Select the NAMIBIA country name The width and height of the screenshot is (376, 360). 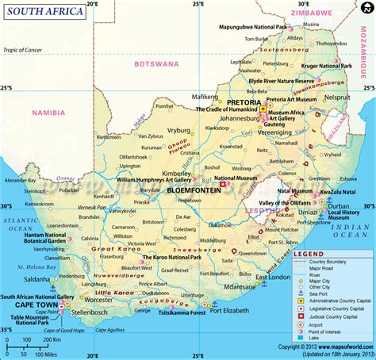pos(48,114)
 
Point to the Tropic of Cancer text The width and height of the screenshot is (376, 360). pos(32,51)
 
